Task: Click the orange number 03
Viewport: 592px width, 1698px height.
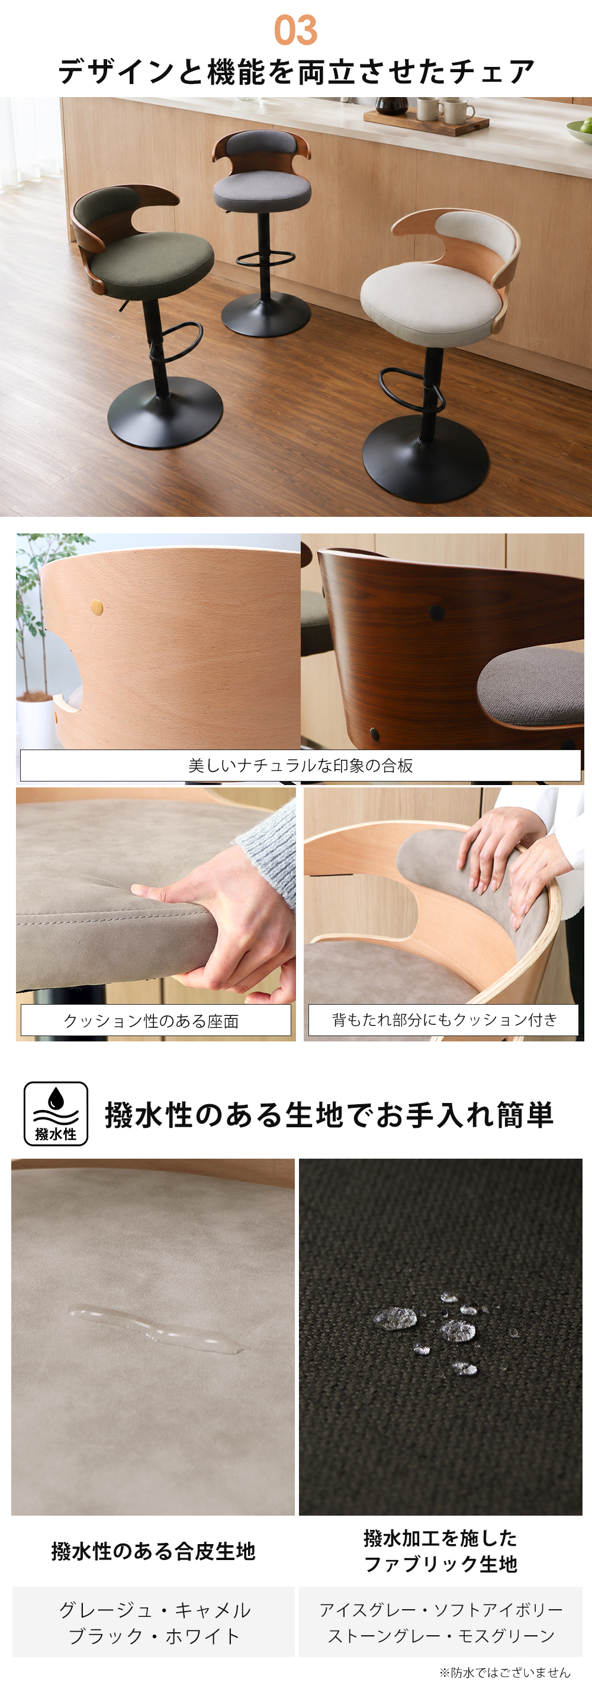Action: click(x=295, y=30)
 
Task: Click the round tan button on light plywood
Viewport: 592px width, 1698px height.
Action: click(x=97, y=606)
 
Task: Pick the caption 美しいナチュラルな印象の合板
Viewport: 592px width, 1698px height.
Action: click(x=301, y=766)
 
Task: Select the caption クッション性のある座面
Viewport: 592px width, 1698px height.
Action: click(x=151, y=1021)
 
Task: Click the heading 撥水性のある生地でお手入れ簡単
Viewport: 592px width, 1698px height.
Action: click(x=329, y=1115)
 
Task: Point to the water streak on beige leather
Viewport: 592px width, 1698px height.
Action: click(x=156, y=1327)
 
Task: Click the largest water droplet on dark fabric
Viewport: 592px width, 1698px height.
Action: click(x=395, y=1318)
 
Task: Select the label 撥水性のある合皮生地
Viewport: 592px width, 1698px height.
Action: click(x=153, y=1552)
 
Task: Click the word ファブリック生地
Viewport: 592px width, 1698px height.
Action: click(x=440, y=1564)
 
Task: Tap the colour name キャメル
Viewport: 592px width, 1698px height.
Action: click(x=213, y=1610)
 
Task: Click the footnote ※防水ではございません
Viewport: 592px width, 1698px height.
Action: click(x=505, y=1673)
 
